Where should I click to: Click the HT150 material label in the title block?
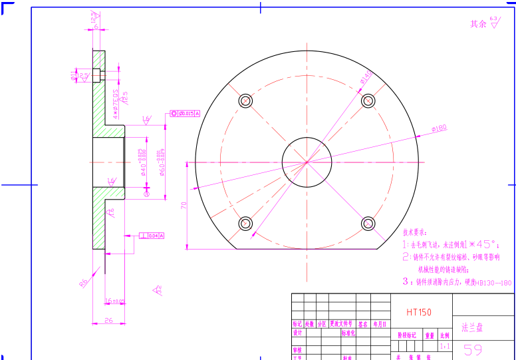coord(419,311)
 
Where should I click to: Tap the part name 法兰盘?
coord(472,327)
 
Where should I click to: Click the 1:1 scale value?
coord(445,347)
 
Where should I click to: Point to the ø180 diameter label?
coord(439,128)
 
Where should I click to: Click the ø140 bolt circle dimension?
coord(366,79)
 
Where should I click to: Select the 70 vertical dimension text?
coord(184,207)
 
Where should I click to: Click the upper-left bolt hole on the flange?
coord(245,101)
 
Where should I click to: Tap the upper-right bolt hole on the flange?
coord(368,100)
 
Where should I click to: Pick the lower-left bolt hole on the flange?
coord(245,223)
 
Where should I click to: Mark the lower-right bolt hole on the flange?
coord(368,223)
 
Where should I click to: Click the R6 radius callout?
coord(84,282)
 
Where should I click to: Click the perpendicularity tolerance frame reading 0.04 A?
coord(152,236)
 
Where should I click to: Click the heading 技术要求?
coord(415,232)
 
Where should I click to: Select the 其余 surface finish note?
coord(478,24)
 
